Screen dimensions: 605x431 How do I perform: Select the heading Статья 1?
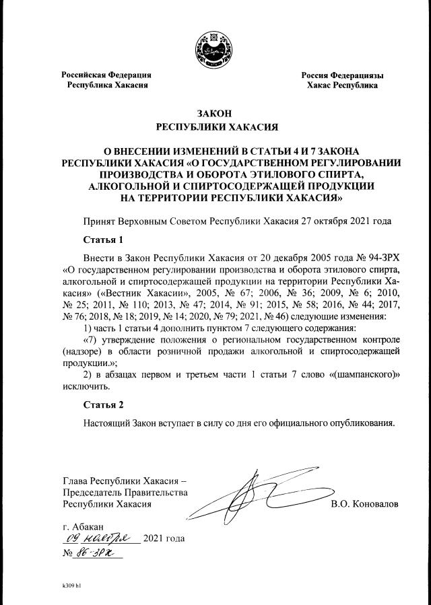tap(104, 240)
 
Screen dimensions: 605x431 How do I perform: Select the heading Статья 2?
tap(104, 405)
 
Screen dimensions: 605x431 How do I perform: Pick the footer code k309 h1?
tap(71, 585)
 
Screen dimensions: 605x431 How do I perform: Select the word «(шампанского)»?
tap(364, 375)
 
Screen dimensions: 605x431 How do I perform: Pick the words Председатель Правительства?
tap(125, 492)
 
